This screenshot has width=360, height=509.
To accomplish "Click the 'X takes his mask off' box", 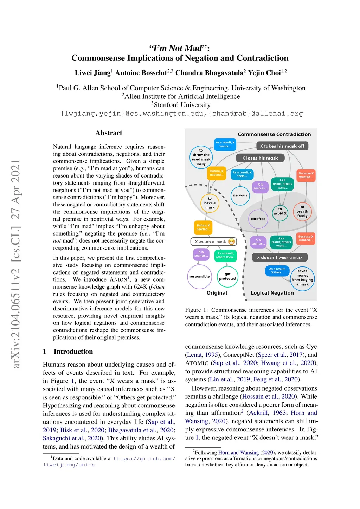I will click(x=282, y=146).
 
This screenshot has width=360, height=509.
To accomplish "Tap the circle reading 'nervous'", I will click(x=240, y=195).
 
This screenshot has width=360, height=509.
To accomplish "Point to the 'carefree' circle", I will click(x=258, y=219).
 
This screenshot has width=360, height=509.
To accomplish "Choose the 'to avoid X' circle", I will click(x=280, y=211).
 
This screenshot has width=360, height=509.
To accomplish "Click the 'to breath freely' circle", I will click(x=302, y=212).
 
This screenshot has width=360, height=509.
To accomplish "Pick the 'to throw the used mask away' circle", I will click(x=201, y=157).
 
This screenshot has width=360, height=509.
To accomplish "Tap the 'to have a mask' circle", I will click(x=210, y=203).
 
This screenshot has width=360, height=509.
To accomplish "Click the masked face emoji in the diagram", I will click(x=231, y=241).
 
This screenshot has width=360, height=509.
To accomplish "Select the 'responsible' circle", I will click(x=199, y=276).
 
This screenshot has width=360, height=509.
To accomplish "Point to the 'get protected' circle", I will click(x=227, y=276).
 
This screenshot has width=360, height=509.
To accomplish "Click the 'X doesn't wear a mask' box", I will click(x=279, y=257).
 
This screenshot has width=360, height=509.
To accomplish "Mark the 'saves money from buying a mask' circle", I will click(x=302, y=278).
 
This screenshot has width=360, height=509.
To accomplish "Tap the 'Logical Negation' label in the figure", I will click(x=272, y=293).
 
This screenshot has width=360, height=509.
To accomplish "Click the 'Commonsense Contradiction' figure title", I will click(x=274, y=134).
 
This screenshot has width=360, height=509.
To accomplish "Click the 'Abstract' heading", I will click(x=109, y=133).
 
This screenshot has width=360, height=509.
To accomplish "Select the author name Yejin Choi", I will click(x=264, y=73).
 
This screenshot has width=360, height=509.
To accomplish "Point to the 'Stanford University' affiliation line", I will click(x=182, y=105).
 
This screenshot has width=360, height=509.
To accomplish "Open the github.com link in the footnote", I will click(x=144, y=458).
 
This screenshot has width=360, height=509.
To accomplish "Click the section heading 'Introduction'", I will click(x=73, y=352).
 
